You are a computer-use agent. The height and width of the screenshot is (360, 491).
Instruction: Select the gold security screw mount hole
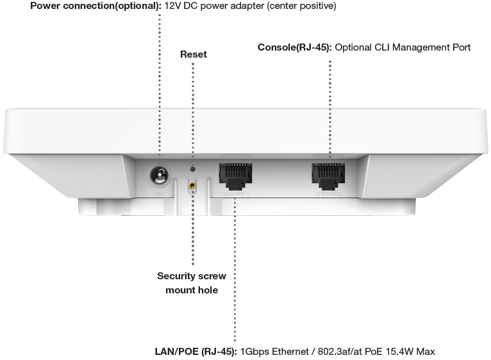pos(192,188)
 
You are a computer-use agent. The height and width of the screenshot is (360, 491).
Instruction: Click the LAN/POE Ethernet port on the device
pos(235,176)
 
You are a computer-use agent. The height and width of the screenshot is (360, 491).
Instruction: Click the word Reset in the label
pos(193,55)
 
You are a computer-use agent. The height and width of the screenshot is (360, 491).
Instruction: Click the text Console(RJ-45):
pos(295,47)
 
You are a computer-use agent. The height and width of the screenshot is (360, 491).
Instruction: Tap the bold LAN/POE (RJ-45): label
pos(196,352)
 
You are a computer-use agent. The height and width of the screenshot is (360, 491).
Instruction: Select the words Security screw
pos(192,277)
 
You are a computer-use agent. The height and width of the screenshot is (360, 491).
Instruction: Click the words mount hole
pos(192,290)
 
